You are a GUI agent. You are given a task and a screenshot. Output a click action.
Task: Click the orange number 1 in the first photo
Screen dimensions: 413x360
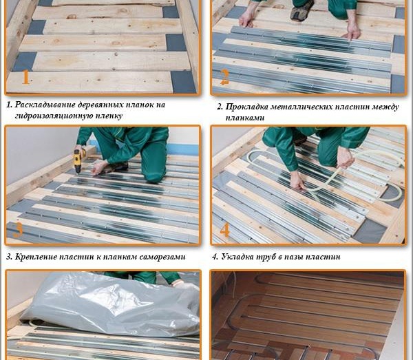[x=25, y=76]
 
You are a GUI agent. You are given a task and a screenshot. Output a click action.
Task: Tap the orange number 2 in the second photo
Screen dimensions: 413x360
[x=224, y=76]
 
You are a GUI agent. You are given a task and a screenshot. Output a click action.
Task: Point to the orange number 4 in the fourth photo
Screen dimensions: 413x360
[x=224, y=229]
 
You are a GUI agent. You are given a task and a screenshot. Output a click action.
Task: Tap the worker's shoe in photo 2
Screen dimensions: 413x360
[x=302, y=11]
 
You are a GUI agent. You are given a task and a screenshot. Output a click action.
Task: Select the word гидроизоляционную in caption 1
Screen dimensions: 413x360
[x=50, y=116]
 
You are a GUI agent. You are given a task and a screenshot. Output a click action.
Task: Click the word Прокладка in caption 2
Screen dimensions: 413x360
[x=247, y=107]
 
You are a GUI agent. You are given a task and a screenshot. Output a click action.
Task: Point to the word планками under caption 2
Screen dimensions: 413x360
[x=244, y=118]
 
